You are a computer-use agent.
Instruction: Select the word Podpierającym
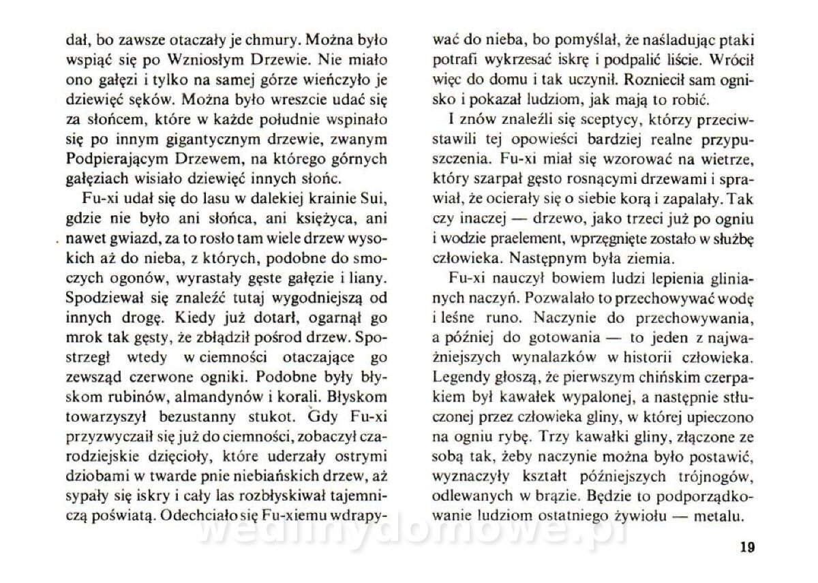click(105, 158)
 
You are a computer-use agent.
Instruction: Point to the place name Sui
click(378, 203)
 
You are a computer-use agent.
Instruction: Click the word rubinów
click(125, 396)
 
